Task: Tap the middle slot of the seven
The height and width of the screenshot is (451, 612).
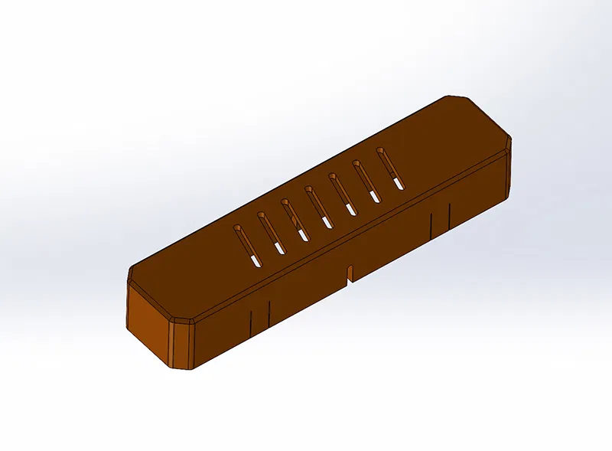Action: [317, 206]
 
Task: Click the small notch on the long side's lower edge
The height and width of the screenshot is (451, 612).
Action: [350, 272]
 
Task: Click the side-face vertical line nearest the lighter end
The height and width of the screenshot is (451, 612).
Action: [251, 322]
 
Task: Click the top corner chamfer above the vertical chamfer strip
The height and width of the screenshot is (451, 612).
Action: [182, 320]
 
